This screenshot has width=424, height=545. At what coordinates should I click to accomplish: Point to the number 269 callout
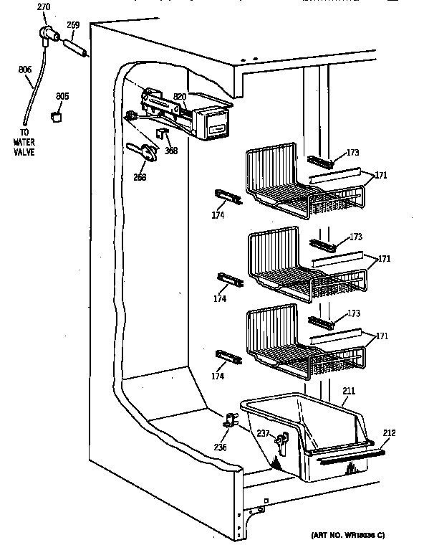pos(73,24)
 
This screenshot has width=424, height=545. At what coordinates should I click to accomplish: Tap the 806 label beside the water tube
pos(24,70)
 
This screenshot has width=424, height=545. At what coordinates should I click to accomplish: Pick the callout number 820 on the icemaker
pos(180,96)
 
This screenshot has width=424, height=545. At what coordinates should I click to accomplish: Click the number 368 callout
pos(170,151)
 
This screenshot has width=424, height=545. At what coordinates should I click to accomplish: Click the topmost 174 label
pos(218,215)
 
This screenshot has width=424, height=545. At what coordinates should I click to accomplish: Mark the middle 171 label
pos(384,258)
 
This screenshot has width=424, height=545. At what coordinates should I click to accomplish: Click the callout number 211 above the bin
pos(348,392)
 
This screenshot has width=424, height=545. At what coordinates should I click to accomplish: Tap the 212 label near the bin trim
pos(389,432)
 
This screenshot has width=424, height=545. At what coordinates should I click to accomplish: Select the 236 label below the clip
pos(221,447)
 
